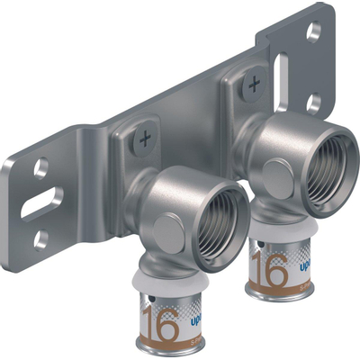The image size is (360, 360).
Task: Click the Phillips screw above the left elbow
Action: [144, 139]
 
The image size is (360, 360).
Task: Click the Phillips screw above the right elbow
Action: [255, 86]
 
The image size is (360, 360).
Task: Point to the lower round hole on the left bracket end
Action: [40, 239]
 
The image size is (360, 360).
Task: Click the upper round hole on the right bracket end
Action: [313, 32]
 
